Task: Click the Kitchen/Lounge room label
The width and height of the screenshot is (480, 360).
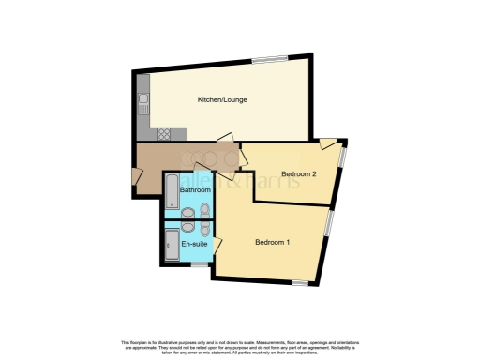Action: point(216,99)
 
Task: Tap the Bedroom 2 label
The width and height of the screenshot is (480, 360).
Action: point(299,173)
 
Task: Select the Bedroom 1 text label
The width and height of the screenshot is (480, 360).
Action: point(273,243)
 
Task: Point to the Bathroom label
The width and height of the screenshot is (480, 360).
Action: point(195,190)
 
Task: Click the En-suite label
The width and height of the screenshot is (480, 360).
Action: point(194,243)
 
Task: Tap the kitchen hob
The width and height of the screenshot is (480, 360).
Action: point(165,133)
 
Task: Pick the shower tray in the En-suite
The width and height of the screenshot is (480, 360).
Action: point(171,247)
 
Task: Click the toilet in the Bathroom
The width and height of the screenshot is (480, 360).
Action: point(204,210)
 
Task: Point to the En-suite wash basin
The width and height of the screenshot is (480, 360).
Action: point(187,228)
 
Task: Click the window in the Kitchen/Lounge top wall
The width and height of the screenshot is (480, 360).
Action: point(270,60)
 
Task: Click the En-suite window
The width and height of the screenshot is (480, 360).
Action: point(197,263)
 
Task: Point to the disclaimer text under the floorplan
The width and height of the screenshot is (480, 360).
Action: point(240,344)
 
